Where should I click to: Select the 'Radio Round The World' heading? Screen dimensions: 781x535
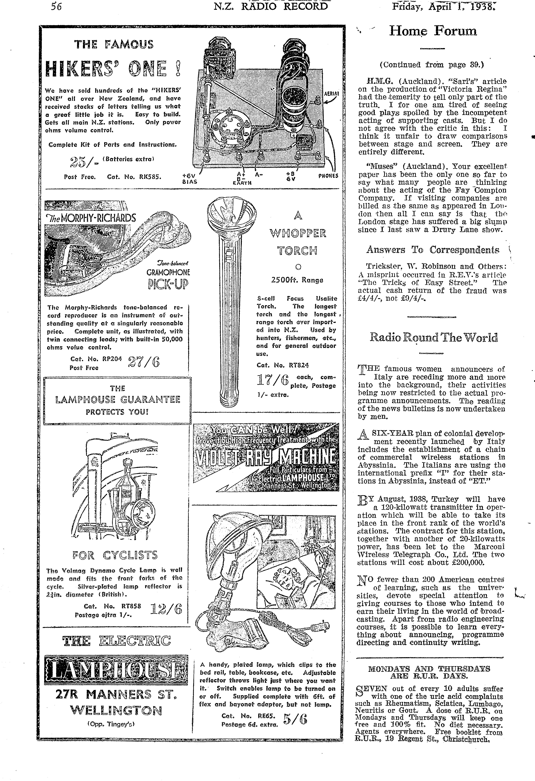pyautogui.click(x=434, y=338)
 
